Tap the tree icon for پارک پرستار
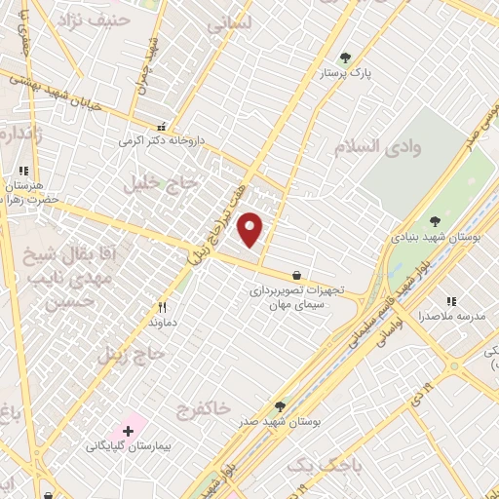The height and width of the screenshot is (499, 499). [x=343, y=58]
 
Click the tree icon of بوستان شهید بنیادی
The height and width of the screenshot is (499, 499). [x=435, y=222]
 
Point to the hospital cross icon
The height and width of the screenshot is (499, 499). [x=128, y=430]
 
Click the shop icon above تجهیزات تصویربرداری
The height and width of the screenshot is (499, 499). [x=295, y=276]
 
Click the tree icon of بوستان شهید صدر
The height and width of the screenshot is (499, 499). [x=281, y=406]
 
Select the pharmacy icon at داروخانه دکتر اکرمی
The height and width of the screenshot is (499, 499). [x=161, y=127]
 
